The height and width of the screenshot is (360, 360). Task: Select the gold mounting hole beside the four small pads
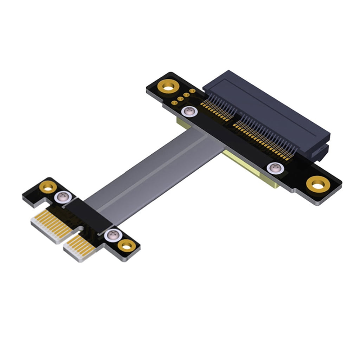click(x=169, y=86)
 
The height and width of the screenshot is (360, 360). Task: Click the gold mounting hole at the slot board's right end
click(x=318, y=184)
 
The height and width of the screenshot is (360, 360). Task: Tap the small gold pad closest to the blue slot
click(x=192, y=91)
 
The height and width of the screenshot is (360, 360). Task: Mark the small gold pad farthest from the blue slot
click(x=174, y=102)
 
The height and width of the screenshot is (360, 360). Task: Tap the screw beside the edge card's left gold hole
click(x=62, y=197)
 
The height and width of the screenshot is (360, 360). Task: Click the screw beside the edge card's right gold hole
click(x=111, y=234)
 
